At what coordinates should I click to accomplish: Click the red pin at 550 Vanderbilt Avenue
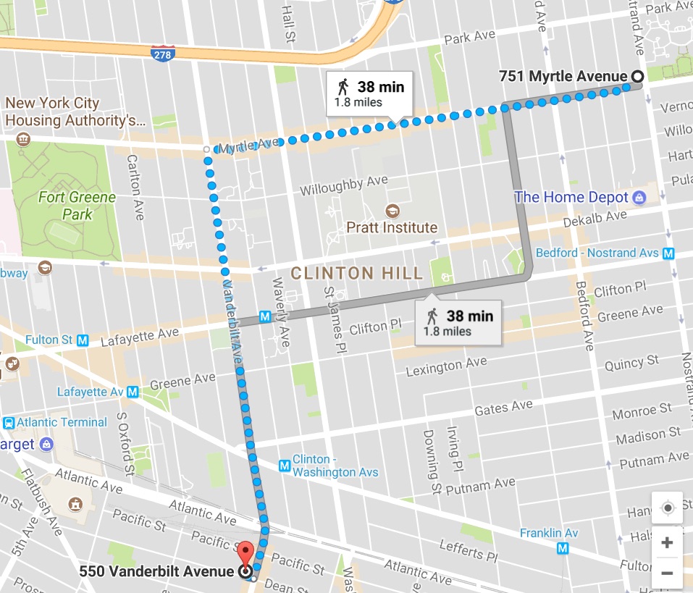pos(246,554)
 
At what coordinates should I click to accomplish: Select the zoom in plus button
pos(667,542)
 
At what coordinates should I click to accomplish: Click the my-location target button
pos(667,508)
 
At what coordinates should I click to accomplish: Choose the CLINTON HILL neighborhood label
pos(356,273)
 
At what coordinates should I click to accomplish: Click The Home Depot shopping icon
pos(639,197)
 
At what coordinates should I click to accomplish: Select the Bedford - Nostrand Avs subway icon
pos(668,253)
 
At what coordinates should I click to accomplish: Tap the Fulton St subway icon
pos(83,340)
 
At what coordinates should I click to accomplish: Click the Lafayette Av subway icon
pos(133,392)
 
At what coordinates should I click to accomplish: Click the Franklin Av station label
pos(549,533)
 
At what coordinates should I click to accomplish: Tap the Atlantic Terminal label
pos(62,422)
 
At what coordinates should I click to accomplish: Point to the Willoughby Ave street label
pos(344,185)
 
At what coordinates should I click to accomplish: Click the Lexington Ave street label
pos(446,366)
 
